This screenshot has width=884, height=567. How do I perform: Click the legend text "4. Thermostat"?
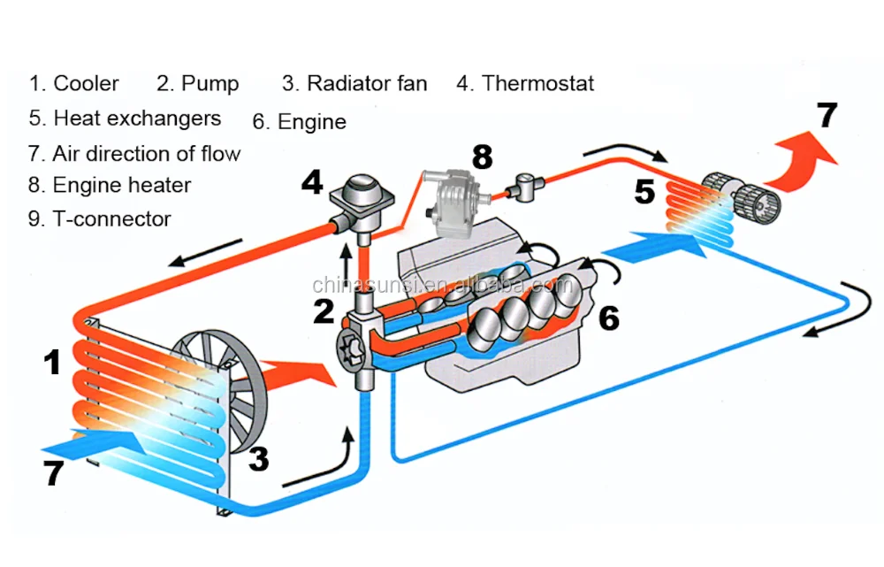click(x=525, y=84)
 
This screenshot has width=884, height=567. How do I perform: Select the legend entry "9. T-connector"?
click(x=99, y=218)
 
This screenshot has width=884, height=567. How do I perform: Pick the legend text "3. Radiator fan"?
click(x=354, y=84)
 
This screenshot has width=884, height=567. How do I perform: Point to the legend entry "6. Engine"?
click(x=299, y=122)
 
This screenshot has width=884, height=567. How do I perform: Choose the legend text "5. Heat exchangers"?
click(x=124, y=118)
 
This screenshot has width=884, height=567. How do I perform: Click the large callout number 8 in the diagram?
click(x=481, y=157)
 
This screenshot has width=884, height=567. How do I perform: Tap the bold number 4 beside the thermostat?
click(x=311, y=184)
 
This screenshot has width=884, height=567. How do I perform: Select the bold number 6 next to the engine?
click(x=608, y=318)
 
